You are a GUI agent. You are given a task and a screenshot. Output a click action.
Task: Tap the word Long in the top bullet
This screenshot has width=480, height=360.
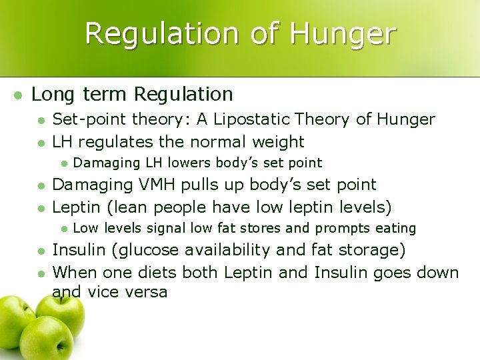tap(53, 94)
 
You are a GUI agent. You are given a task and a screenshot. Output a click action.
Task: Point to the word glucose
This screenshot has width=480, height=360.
tap(147, 250)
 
